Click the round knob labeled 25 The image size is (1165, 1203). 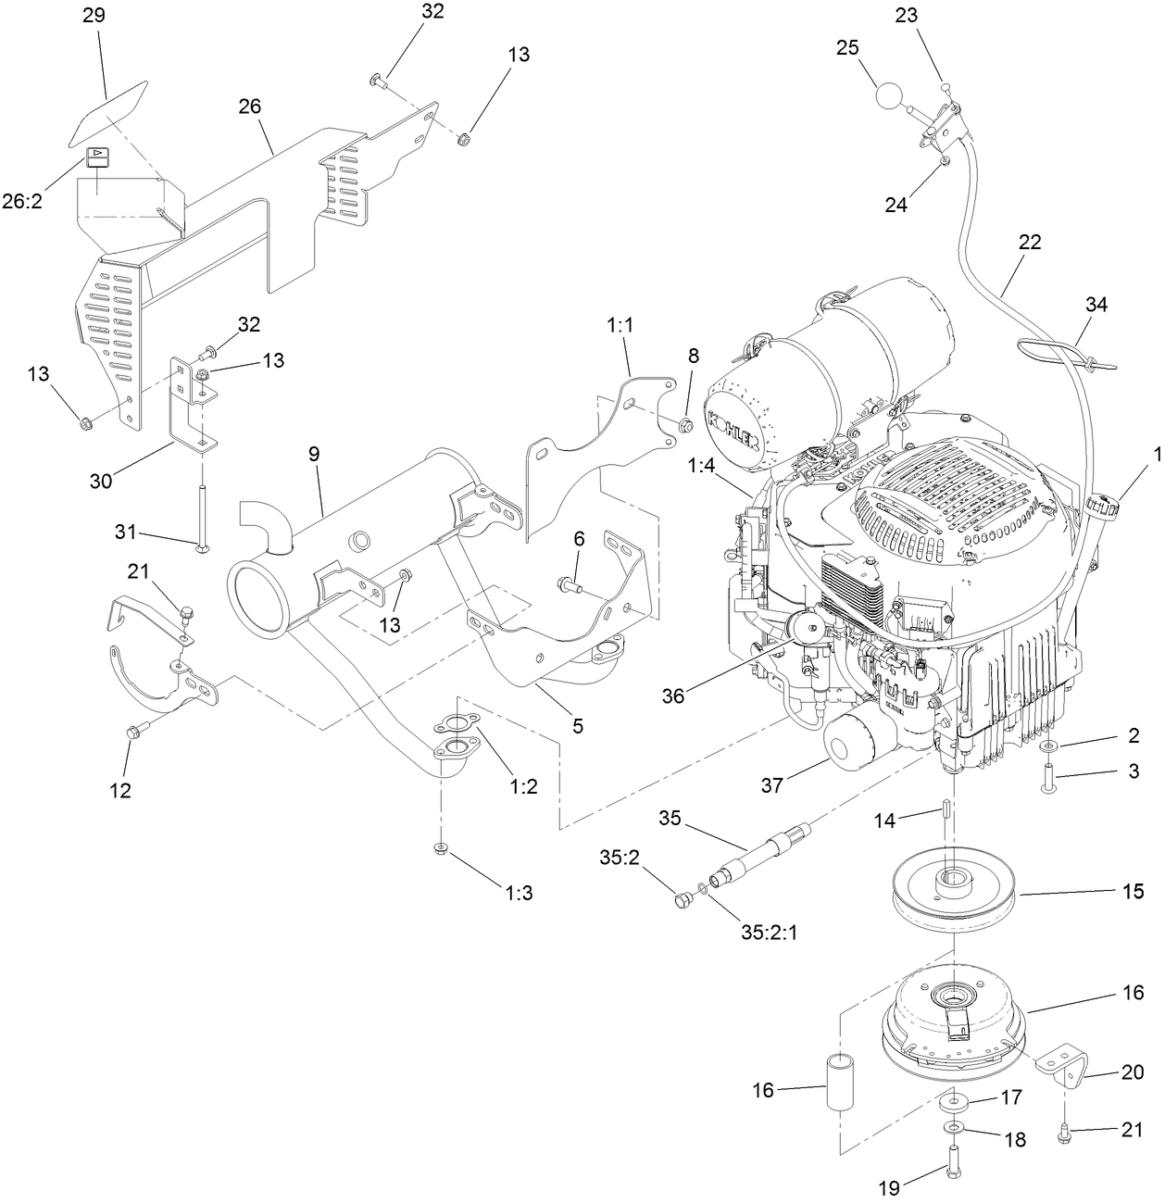click(x=889, y=96)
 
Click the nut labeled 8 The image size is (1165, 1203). click(x=686, y=426)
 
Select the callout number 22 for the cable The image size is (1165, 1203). click(x=1029, y=243)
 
